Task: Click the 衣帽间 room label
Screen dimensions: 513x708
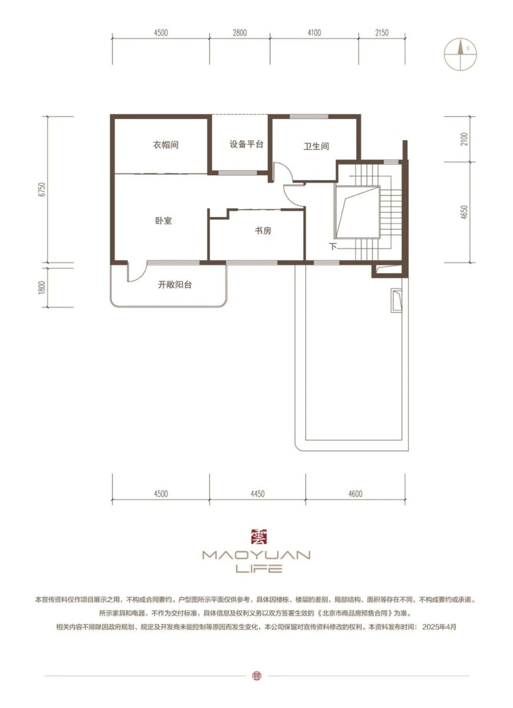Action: (x=166, y=145)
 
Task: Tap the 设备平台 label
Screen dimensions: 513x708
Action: (x=246, y=145)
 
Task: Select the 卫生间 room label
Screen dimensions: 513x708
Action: (x=316, y=146)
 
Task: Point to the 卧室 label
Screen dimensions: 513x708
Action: (x=164, y=221)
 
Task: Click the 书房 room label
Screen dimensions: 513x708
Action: (x=263, y=231)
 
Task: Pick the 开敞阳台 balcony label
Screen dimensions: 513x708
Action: (x=175, y=285)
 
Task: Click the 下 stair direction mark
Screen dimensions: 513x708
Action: (x=333, y=246)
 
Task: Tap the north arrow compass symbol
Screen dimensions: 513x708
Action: (x=461, y=54)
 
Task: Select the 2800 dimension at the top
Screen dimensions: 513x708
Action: (x=239, y=32)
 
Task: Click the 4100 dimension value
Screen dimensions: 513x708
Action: (x=314, y=32)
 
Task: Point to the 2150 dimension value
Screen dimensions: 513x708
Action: (x=382, y=32)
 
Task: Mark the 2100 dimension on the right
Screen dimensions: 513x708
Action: (x=464, y=139)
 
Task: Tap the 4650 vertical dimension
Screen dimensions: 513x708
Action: (x=464, y=212)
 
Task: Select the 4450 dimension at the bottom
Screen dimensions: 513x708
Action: (x=258, y=493)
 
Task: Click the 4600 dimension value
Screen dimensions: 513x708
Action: (x=356, y=493)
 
